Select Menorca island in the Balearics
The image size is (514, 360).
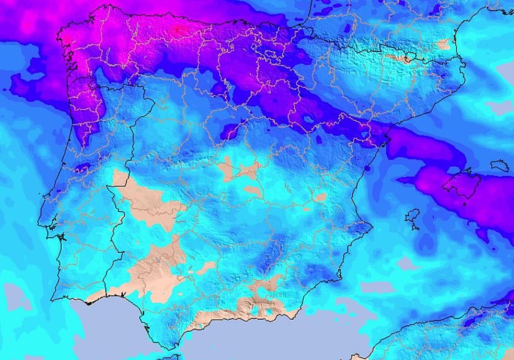[499, 165]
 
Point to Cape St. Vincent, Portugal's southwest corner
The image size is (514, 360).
[51, 300]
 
